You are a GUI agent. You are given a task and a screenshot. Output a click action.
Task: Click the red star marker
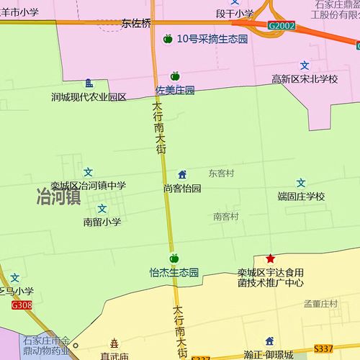pos(270,258)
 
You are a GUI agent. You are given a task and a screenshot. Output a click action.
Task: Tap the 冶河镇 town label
pos(58,197)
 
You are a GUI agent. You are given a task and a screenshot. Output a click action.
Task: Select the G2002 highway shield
pos(281,25)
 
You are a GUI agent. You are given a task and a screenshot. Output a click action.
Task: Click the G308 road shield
pos(22,305)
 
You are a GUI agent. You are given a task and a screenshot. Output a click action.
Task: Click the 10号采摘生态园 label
pos(212,39)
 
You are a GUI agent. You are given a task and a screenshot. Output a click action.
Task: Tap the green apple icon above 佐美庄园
pos(174,76)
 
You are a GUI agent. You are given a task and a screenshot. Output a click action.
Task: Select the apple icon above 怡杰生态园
pos(174,258)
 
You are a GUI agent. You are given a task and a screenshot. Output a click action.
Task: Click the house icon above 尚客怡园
pos(182,174)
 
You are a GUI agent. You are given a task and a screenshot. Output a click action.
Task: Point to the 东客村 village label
pos(222,173)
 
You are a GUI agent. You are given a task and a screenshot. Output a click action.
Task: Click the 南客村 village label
pos(225,216)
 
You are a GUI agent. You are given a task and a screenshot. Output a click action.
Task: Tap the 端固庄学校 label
pos(302,196)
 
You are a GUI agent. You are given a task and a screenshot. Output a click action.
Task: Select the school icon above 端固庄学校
pos(302,183)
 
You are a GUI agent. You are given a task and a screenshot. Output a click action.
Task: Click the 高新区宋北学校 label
pos(305,78)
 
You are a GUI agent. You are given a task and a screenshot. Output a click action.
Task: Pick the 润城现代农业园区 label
pos(89,96)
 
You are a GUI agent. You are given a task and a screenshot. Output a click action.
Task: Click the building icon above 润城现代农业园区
pos(89,83)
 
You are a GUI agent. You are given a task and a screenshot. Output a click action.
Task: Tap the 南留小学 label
pos(102,222)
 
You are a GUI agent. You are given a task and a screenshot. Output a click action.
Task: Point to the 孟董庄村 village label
pos(320,305)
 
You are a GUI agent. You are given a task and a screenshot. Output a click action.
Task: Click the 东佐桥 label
pos(136,24)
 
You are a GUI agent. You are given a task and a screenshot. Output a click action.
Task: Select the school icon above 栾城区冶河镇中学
pos(88,172)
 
